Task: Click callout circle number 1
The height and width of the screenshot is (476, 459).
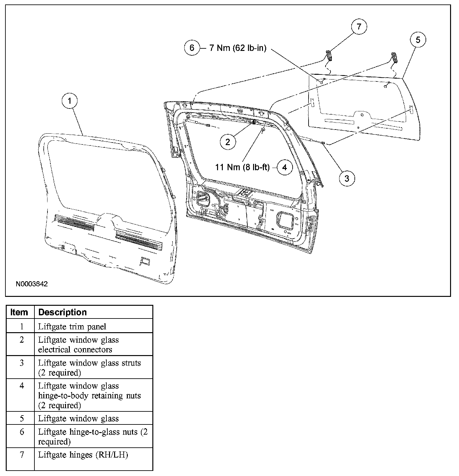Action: click(x=70, y=101)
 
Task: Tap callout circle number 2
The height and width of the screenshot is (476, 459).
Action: click(x=228, y=142)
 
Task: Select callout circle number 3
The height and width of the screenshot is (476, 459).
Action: click(x=347, y=178)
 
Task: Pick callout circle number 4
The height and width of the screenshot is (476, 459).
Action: click(x=285, y=167)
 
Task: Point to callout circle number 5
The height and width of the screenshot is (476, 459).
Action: click(x=418, y=40)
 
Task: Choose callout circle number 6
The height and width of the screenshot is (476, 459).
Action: click(x=192, y=48)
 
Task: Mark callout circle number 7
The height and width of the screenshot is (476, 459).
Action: click(x=359, y=27)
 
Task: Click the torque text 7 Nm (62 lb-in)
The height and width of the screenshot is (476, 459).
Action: click(x=237, y=48)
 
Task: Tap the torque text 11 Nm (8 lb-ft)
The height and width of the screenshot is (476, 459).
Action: click(x=242, y=167)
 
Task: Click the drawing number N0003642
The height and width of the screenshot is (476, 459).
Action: click(x=32, y=284)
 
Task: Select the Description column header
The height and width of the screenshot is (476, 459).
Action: click(x=62, y=312)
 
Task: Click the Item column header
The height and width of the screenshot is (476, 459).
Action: click(x=19, y=312)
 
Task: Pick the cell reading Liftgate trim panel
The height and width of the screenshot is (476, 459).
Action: click(x=72, y=326)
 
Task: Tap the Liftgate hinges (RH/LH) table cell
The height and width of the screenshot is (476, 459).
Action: click(x=83, y=455)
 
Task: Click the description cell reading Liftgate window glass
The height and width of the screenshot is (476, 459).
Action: click(x=78, y=418)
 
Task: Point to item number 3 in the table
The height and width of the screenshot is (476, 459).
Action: click(x=22, y=363)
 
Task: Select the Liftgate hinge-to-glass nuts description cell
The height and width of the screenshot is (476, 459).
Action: click(x=92, y=437)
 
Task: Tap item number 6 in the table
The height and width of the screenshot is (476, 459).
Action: click(x=22, y=432)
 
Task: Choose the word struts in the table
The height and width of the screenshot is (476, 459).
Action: click(x=131, y=363)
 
